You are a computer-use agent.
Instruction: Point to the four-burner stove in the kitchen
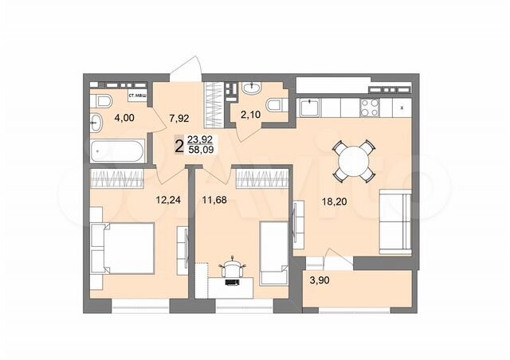(371, 105)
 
